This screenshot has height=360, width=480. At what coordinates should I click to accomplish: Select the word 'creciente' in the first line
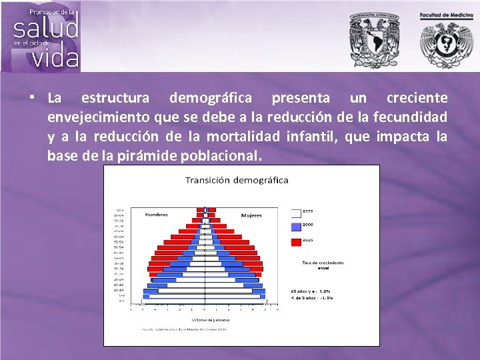click(417, 98)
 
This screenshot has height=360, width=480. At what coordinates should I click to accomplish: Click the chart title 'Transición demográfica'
click(237, 180)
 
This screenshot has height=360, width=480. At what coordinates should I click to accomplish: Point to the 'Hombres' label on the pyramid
click(156, 215)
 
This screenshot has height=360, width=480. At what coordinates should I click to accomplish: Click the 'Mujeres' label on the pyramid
click(251, 215)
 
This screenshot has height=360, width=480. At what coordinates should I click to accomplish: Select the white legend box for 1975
click(296, 213)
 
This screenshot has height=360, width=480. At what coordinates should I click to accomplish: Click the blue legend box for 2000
click(296, 227)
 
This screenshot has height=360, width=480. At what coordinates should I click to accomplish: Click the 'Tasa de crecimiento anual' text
click(323, 265)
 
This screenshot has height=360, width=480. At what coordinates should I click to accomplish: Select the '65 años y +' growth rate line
click(311, 291)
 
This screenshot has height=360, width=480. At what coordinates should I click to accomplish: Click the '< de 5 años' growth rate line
click(311, 297)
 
